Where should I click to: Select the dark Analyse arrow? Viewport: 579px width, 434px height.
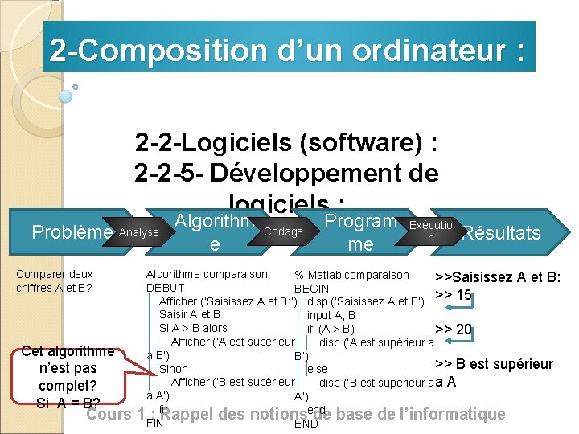point(138,233)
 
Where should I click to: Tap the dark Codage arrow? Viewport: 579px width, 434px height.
point(283,231)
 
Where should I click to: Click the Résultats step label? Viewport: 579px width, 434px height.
point(502,233)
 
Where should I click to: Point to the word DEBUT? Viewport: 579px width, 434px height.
point(165,288)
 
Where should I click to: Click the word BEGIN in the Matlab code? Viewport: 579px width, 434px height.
point(311,288)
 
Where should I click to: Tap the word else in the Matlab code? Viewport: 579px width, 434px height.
point(317,369)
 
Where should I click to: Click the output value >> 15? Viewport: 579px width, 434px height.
point(453,294)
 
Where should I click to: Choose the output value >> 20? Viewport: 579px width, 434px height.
point(453,329)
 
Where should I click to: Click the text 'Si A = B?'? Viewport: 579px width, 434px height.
point(68,403)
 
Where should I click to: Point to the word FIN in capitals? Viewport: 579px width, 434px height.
point(154,424)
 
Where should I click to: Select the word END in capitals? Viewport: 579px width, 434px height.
point(306,424)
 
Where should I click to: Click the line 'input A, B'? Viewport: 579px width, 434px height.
point(331,315)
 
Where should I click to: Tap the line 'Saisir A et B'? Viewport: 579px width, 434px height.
point(190,314)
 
